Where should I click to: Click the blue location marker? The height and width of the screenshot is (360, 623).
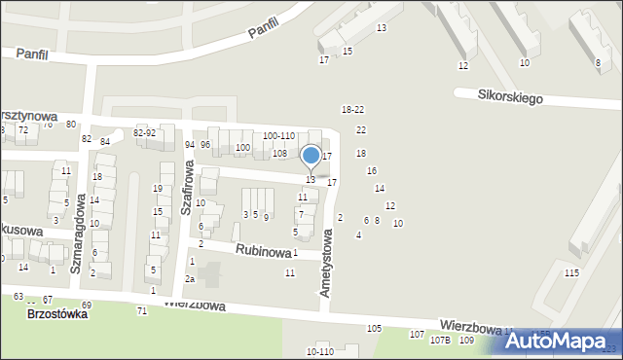[x=311, y=156]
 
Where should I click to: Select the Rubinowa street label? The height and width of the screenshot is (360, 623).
[x=262, y=250]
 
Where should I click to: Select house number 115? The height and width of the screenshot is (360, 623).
[x=571, y=272]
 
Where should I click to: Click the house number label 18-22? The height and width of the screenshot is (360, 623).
[x=352, y=109]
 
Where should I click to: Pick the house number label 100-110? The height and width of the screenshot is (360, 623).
[x=278, y=136]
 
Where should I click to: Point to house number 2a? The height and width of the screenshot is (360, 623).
[x=191, y=279]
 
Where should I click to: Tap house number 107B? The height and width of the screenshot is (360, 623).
[x=441, y=340]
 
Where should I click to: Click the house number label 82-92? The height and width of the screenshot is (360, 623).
[x=144, y=132]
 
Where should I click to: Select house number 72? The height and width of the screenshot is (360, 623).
[x=22, y=129]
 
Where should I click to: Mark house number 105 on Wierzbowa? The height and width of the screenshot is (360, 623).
[x=374, y=329]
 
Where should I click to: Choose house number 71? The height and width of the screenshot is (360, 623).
[x=142, y=310]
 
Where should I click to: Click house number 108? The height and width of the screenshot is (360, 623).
[x=279, y=153]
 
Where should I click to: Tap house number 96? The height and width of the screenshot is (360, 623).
[x=205, y=145]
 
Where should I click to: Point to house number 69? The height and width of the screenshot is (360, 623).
[x=86, y=306]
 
